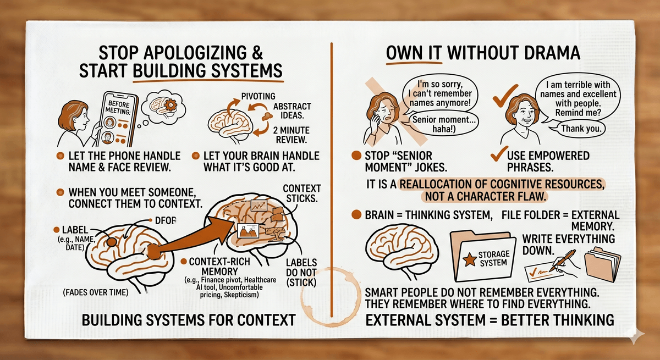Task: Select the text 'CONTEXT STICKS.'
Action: (x=301, y=194)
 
